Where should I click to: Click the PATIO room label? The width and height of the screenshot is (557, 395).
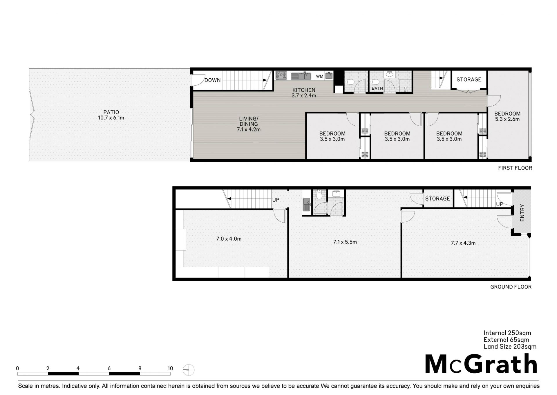tap(111, 112)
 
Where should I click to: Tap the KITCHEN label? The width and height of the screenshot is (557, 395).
tap(304, 90)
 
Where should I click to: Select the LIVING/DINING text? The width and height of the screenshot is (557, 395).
tap(249, 121)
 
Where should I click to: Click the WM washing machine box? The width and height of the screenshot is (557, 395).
tap(320, 76)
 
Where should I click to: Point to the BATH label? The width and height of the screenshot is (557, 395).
tap(377, 88)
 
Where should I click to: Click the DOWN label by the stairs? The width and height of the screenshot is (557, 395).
tap(213, 80)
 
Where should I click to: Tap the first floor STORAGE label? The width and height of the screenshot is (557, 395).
tap(469, 79)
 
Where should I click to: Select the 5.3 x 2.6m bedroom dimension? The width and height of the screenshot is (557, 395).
tap(507, 119)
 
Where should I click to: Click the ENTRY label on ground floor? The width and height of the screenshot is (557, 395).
tap(522, 213)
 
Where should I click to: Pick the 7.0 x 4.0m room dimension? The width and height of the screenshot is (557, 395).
tap(229, 239)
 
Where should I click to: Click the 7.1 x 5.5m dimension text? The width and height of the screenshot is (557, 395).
tap(345, 242)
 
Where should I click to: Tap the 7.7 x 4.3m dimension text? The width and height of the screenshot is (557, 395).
tap(463, 243)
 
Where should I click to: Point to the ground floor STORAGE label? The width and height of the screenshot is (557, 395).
tap(437, 199)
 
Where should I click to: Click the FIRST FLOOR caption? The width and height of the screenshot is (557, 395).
tap(515, 168)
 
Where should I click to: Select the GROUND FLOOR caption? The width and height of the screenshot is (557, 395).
tap(511, 287)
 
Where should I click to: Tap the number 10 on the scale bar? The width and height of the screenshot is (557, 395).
tap(170, 368)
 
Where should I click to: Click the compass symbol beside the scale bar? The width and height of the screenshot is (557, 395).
tap(189, 370)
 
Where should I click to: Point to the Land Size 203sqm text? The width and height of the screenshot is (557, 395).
tap(510, 347)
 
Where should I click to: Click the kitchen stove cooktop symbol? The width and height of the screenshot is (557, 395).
tap(281, 76)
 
